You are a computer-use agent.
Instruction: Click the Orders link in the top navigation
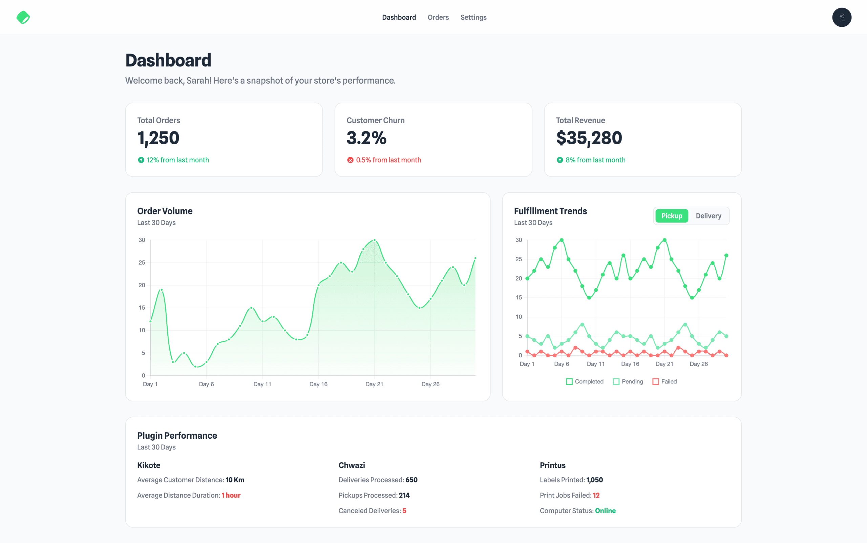point(438,17)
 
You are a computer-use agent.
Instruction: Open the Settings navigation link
point(473,17)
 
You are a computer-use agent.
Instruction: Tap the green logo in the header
point(23,17)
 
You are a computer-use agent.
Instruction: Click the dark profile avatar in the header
point(842,17)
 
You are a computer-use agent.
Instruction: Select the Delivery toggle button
point(708,216)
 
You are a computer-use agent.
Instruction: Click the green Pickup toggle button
point(671,216)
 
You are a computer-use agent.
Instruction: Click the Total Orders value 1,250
point(158,138)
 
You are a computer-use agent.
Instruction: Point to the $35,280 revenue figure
point(589,138)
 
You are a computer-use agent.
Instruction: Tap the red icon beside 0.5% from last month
point(351,160)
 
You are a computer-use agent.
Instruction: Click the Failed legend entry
point(664,381)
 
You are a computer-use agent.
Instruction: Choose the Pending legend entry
point(628,381)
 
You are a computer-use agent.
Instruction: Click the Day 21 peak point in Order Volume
point(375,240)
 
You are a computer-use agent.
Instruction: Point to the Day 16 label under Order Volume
point(318,384)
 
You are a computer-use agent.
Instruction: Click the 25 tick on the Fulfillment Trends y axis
point(519,259)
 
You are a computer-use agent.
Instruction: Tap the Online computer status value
point(605,511)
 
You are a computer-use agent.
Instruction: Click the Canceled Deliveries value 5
point(404,511)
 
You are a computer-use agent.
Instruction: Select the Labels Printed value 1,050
point(594,480)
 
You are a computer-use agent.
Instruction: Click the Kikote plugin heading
point(149,465)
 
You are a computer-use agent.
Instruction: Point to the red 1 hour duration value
point(231,495)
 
